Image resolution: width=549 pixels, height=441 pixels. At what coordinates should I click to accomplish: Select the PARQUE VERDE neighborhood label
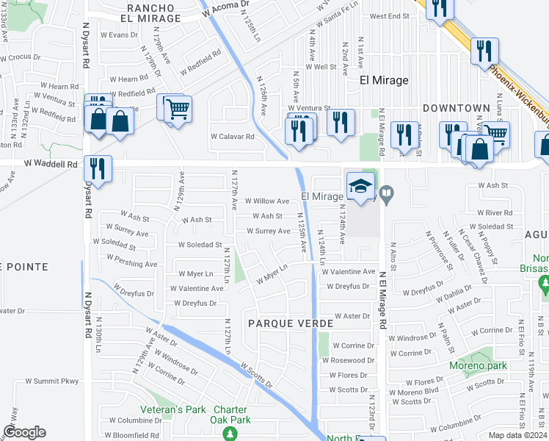coord(290,323)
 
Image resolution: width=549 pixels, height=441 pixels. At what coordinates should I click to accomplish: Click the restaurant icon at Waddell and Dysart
coord(98,168)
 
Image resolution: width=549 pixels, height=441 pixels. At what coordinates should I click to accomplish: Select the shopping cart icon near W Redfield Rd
coord(178,110)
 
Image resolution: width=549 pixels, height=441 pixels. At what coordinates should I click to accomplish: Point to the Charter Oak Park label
coord(232,415)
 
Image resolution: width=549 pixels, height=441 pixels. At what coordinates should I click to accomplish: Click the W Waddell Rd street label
coord(51,165)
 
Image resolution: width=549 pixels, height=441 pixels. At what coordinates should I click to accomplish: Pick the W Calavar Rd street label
coord(232,136)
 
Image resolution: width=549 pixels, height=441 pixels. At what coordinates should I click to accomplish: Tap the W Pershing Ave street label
coord(131,262)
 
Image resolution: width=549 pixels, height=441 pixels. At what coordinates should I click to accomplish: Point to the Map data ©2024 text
coord(517,435)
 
